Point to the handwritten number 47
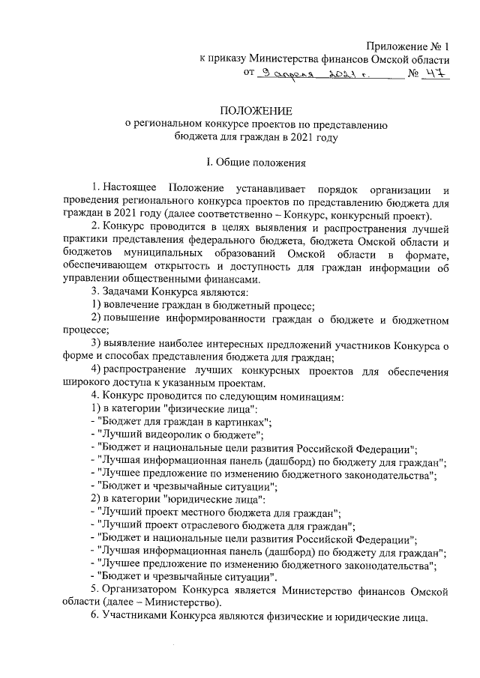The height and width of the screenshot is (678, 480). [433, 73]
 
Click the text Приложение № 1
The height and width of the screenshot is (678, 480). [408, 45]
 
